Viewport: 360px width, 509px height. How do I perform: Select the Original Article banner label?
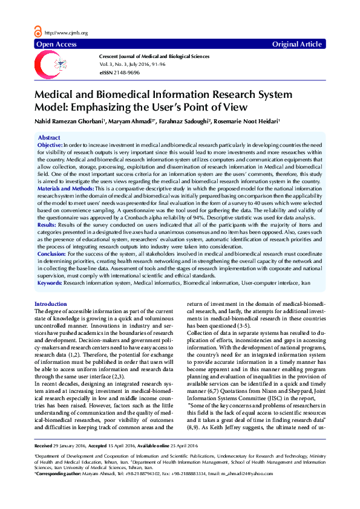pos(297,45)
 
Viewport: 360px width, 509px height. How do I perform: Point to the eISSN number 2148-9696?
pos(126,72)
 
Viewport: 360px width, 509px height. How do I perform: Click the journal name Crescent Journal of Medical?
pos(154,55)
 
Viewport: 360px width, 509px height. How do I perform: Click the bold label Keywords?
pos(50,283)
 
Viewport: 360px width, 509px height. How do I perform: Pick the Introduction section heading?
pos(51,303)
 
